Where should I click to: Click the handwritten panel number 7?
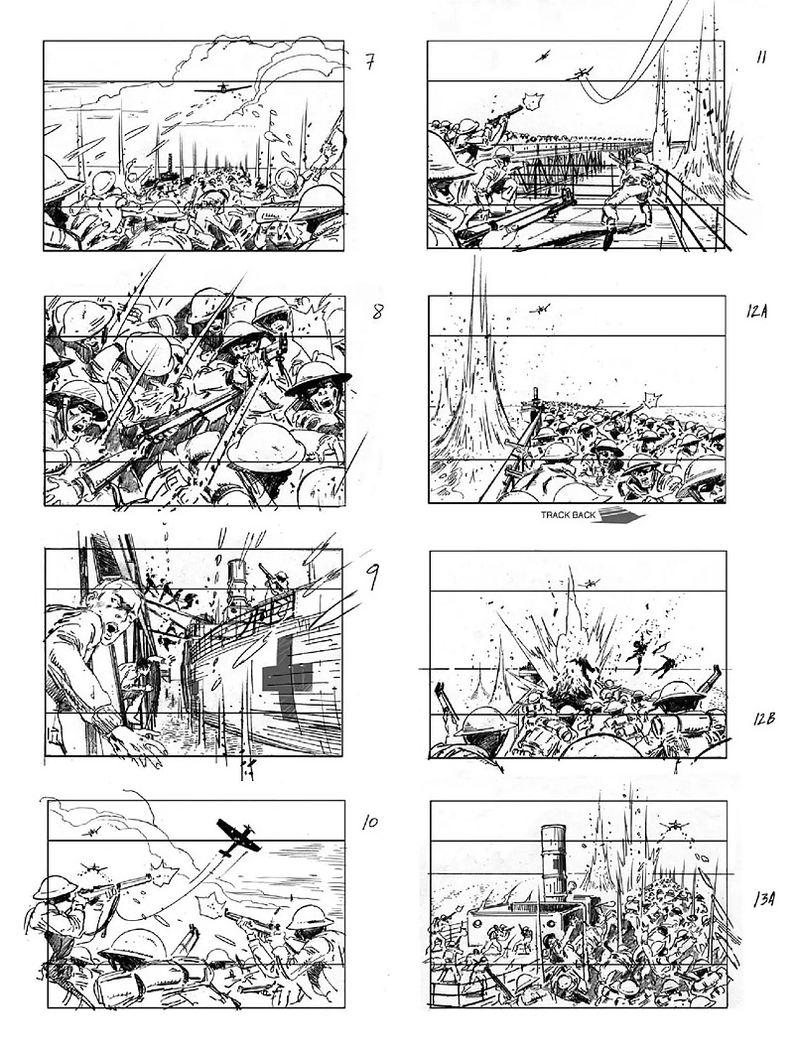370,62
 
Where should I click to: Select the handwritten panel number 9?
370,577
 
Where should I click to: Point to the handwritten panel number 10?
370,823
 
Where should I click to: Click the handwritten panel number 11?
761,58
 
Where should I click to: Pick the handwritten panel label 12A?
756,311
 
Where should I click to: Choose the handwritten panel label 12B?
764,719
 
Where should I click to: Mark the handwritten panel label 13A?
764,898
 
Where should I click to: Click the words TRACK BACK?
569,516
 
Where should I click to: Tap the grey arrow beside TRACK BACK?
621,516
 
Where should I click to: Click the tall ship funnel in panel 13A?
556,860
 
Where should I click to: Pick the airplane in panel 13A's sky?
672,825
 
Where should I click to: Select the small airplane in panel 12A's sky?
540,310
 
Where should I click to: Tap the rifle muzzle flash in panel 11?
534,102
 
